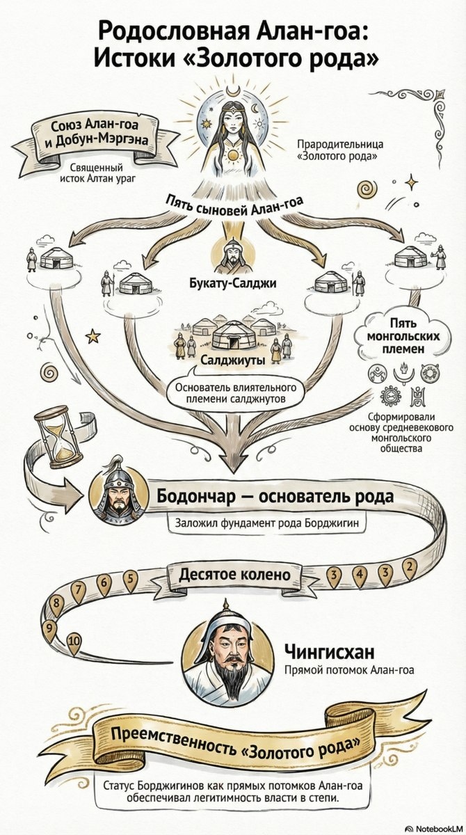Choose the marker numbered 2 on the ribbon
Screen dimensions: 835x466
click(410, 564)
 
